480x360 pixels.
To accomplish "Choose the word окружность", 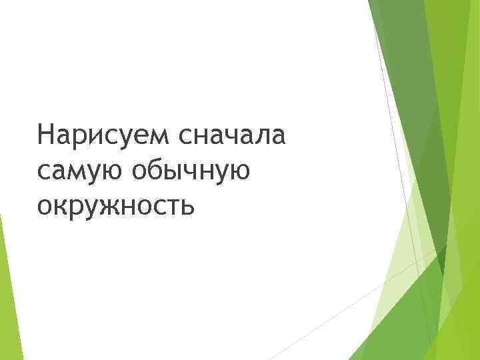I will (116, 207).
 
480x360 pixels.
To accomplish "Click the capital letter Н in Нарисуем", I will (47, 135).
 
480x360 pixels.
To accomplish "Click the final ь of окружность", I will (187, 207).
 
